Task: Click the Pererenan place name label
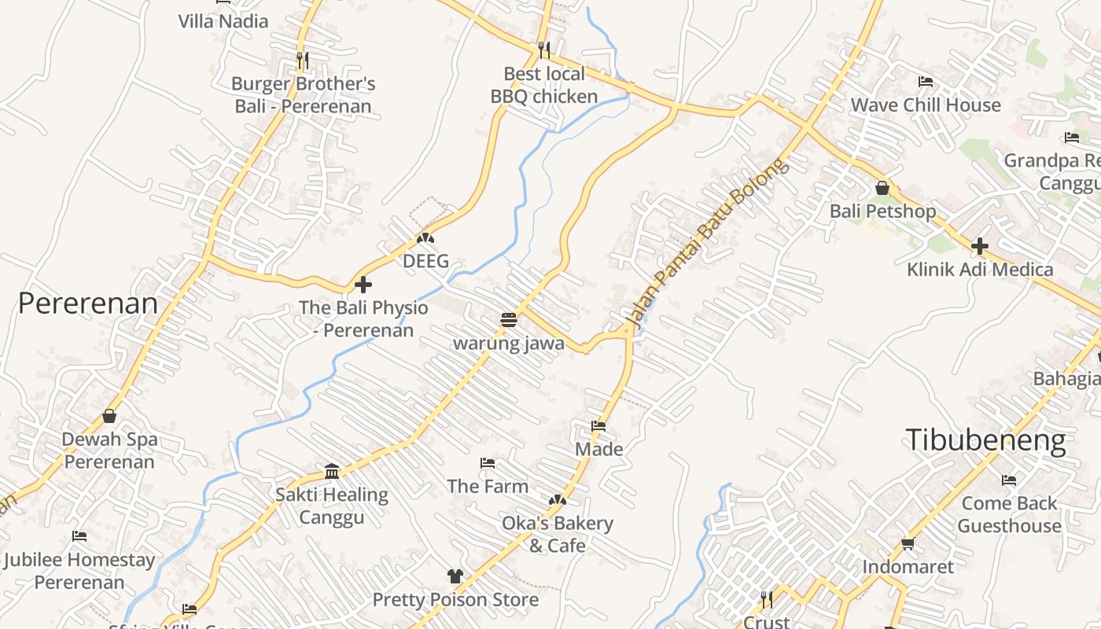[87, 303]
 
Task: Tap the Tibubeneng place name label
[985, 440]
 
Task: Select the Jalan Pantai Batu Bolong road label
[705, 243]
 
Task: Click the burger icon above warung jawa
[509, 320]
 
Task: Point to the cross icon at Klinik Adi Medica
[979, 246]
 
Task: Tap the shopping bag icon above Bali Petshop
[882, 188]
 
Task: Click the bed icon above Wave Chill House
[926, 82]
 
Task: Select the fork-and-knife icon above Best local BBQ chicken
[544, 50]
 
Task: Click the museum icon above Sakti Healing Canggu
[332, 471]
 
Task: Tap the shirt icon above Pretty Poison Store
[455, 576]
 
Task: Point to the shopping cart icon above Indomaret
[908, 543]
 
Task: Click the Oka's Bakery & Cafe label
[558, 535]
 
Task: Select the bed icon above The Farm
[488, 463]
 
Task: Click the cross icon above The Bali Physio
[363, 284]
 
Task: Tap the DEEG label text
[425, 261]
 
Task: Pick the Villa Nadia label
[223, 21]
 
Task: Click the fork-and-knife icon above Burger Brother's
[302, 60]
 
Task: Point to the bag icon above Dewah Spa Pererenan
[109, 416]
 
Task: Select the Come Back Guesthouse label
[1010, 514]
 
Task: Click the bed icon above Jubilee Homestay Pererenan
[79, 536]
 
